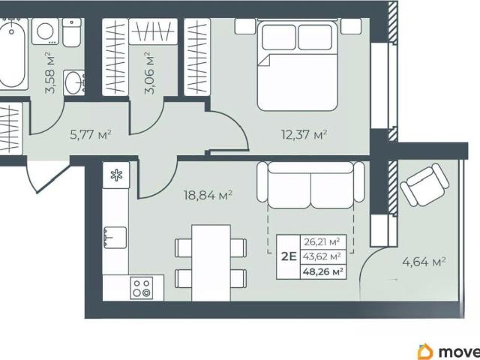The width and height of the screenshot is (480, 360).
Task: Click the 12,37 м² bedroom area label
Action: tap(304, 134)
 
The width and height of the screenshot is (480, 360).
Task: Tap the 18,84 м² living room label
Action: tap(208, 195)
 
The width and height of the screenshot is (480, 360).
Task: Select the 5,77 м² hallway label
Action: tap(90, 134)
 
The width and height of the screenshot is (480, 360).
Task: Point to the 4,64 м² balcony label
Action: tap(424, 262)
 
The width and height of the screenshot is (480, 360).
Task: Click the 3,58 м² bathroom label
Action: tap(50, 73)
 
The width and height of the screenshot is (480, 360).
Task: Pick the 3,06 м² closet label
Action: tap(149, 73)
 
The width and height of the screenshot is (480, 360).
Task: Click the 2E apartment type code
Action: tap(289, 256)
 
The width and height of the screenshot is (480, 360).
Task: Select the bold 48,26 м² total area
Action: tap(322, 271)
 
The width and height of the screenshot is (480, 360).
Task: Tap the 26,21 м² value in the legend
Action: tap(322, 242)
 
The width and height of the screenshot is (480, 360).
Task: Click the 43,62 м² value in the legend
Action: tap(322, 256)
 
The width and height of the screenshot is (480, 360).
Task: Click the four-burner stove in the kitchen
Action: tap(142, 288)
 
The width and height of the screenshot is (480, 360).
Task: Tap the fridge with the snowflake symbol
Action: tap(116, 175)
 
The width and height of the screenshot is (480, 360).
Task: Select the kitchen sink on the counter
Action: tap(115, 237)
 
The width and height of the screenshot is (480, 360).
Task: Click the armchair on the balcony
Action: tap(424, 184)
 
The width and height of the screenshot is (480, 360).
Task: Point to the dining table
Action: tap(211, 263)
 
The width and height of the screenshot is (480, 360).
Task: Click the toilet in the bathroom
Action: tap(72, 32)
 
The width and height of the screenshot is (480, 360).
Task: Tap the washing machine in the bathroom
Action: tap(45, 31)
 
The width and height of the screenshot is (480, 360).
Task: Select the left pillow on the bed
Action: tap(278, 37)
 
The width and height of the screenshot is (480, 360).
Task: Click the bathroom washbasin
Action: tap(74, 82)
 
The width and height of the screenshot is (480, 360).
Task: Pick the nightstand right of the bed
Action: tap(351, 26)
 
